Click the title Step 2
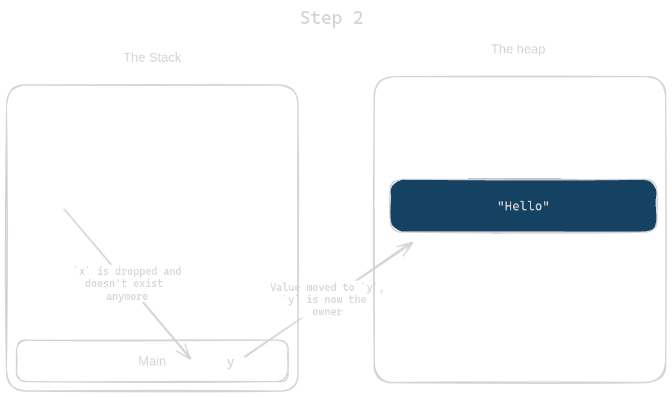pos(332,17)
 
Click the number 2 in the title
pos(358,17)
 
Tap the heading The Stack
pos(152,57)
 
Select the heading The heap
pos(518,49)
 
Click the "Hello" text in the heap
pos(523,206)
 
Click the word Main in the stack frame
pos(152,361)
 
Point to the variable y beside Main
pos(230,362)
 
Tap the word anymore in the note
pos(127,297)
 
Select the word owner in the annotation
pos(327,311)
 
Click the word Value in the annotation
pos(286,287)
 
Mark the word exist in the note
pos(149,283)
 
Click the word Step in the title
pos(320,17)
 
